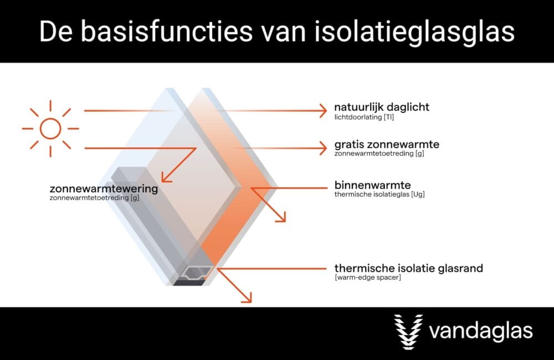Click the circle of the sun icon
[x=50, y=128]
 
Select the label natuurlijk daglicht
[x=382, y=107]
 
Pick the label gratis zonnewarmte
[x=387, y=145]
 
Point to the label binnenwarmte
[x=372, y=184]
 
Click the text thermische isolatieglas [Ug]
[x=379, y=194]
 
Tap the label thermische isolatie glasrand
[x=408, y=268]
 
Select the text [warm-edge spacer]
[x=367, y=278]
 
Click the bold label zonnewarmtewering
[x=104, y=189]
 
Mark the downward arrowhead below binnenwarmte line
[x=281, y=218]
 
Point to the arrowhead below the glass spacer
[x=247, y=299]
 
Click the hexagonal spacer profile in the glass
[x=198, y=271]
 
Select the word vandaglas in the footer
[x=480, y=332]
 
